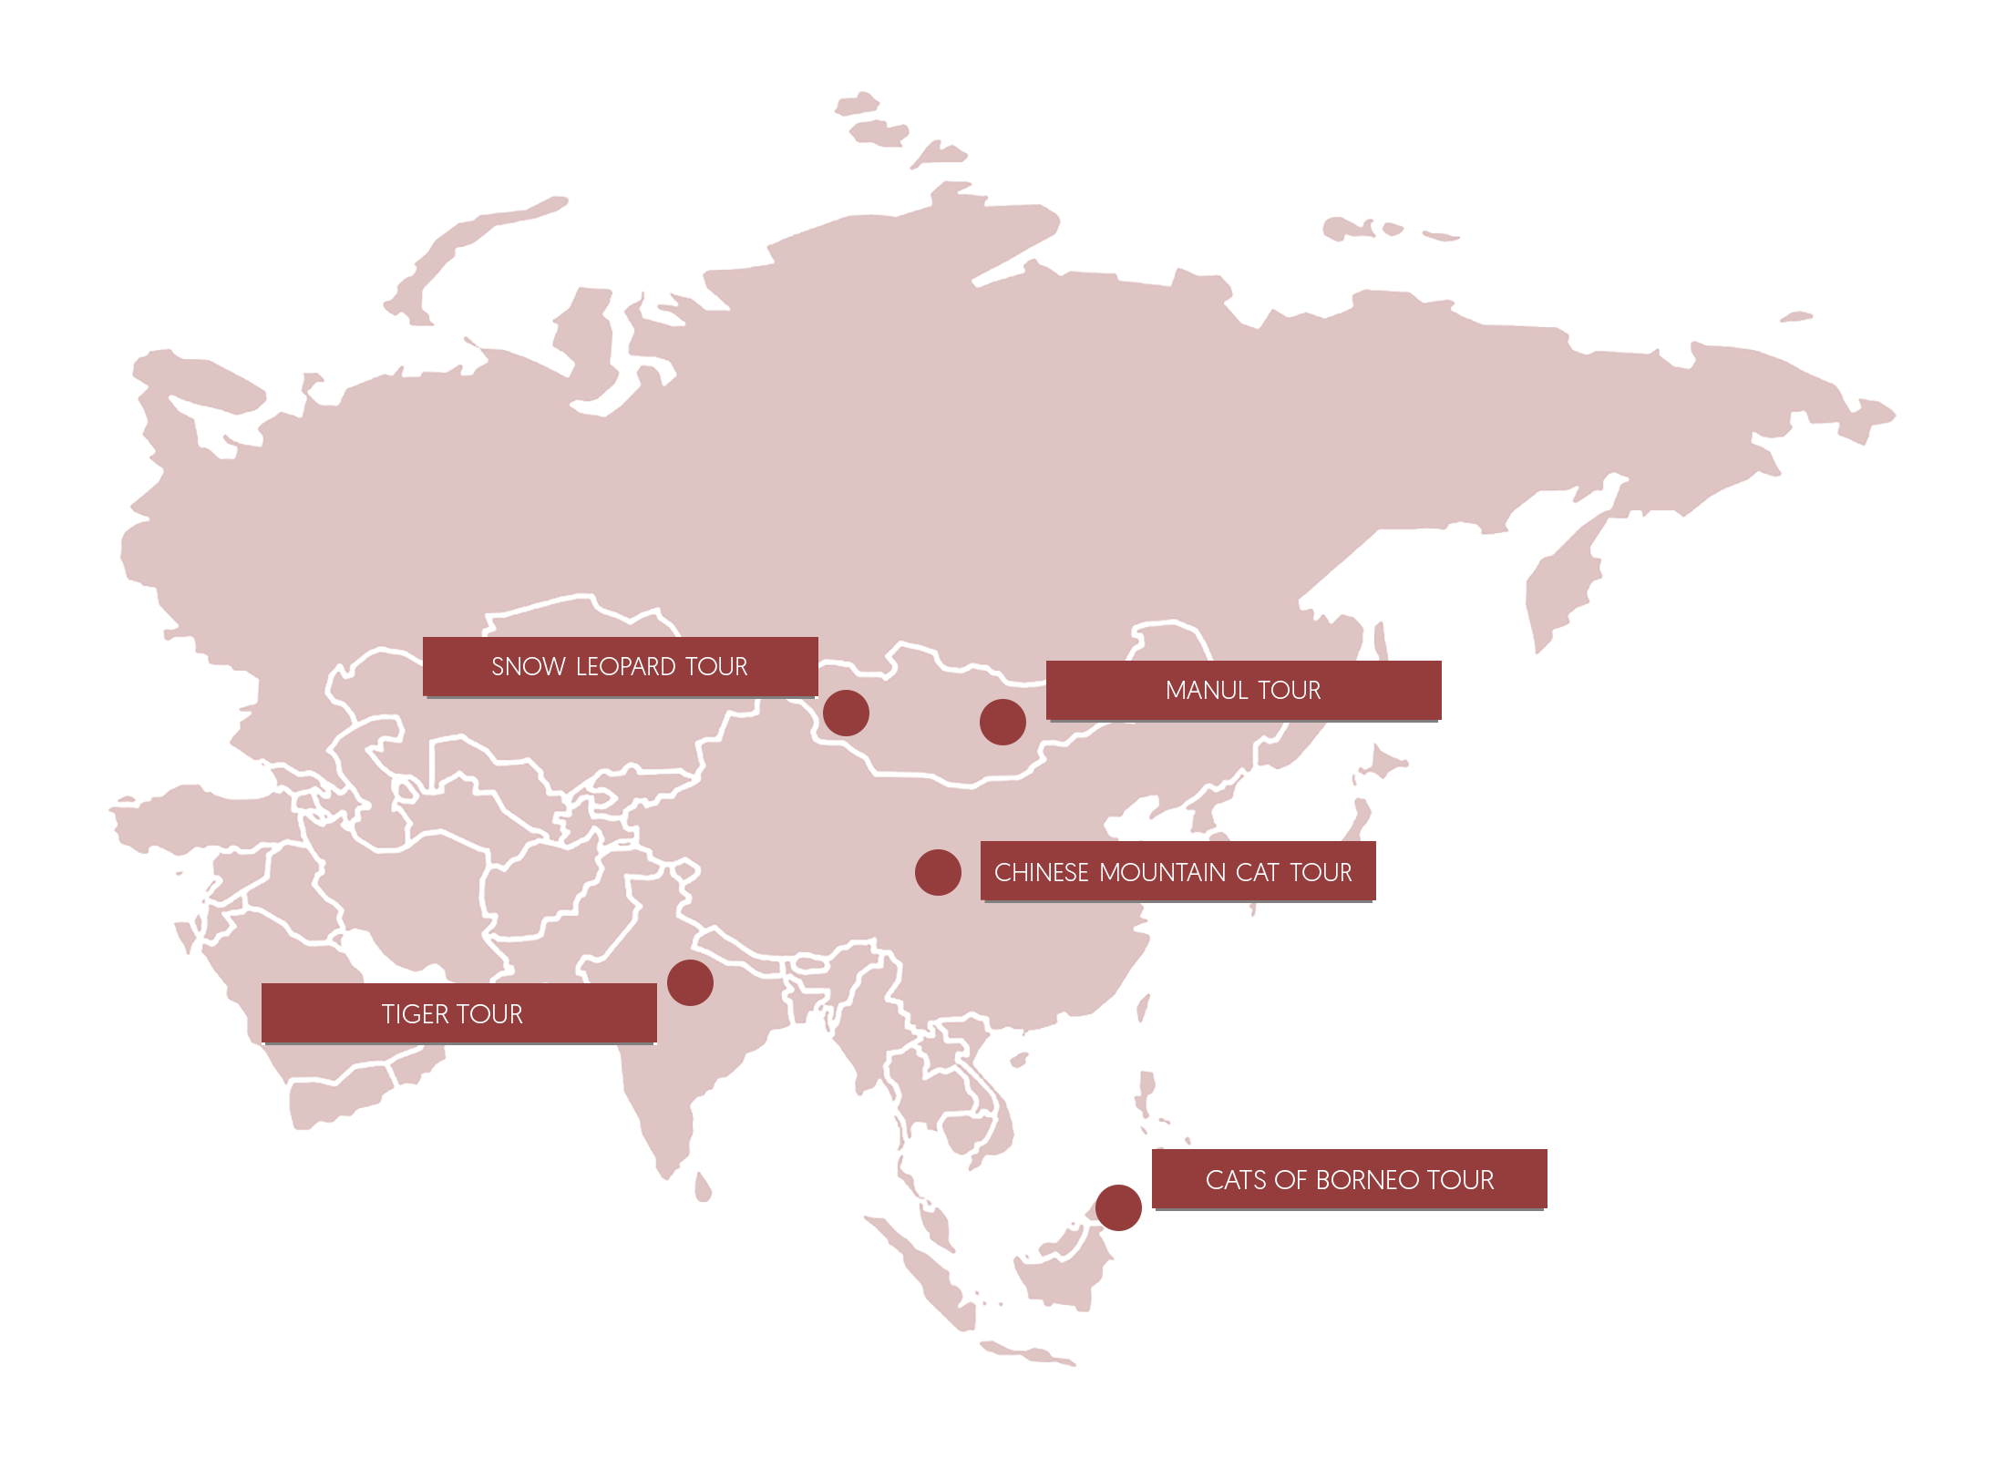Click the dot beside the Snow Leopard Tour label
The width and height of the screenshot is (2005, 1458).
[x=846, y=713]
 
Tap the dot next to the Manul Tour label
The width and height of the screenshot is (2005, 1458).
[x=1002, y=722]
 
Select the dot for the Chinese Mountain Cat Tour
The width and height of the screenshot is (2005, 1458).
[x=938, y=872]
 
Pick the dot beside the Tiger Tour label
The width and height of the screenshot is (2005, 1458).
[x=690, y=982]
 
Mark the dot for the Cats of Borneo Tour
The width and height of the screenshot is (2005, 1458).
[x=1118, y=1207]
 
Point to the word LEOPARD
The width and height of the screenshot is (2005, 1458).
[x=626, y=667]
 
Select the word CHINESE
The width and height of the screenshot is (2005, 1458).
[x=1042, y=873]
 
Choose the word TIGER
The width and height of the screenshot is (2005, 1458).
[x=415, y=1014]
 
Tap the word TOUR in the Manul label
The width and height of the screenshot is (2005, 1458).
[x=1290, y=691]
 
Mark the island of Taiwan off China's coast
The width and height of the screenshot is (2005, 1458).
[x=1143, y=1007]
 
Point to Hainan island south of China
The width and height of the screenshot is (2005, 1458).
[x=1018, y=1060]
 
